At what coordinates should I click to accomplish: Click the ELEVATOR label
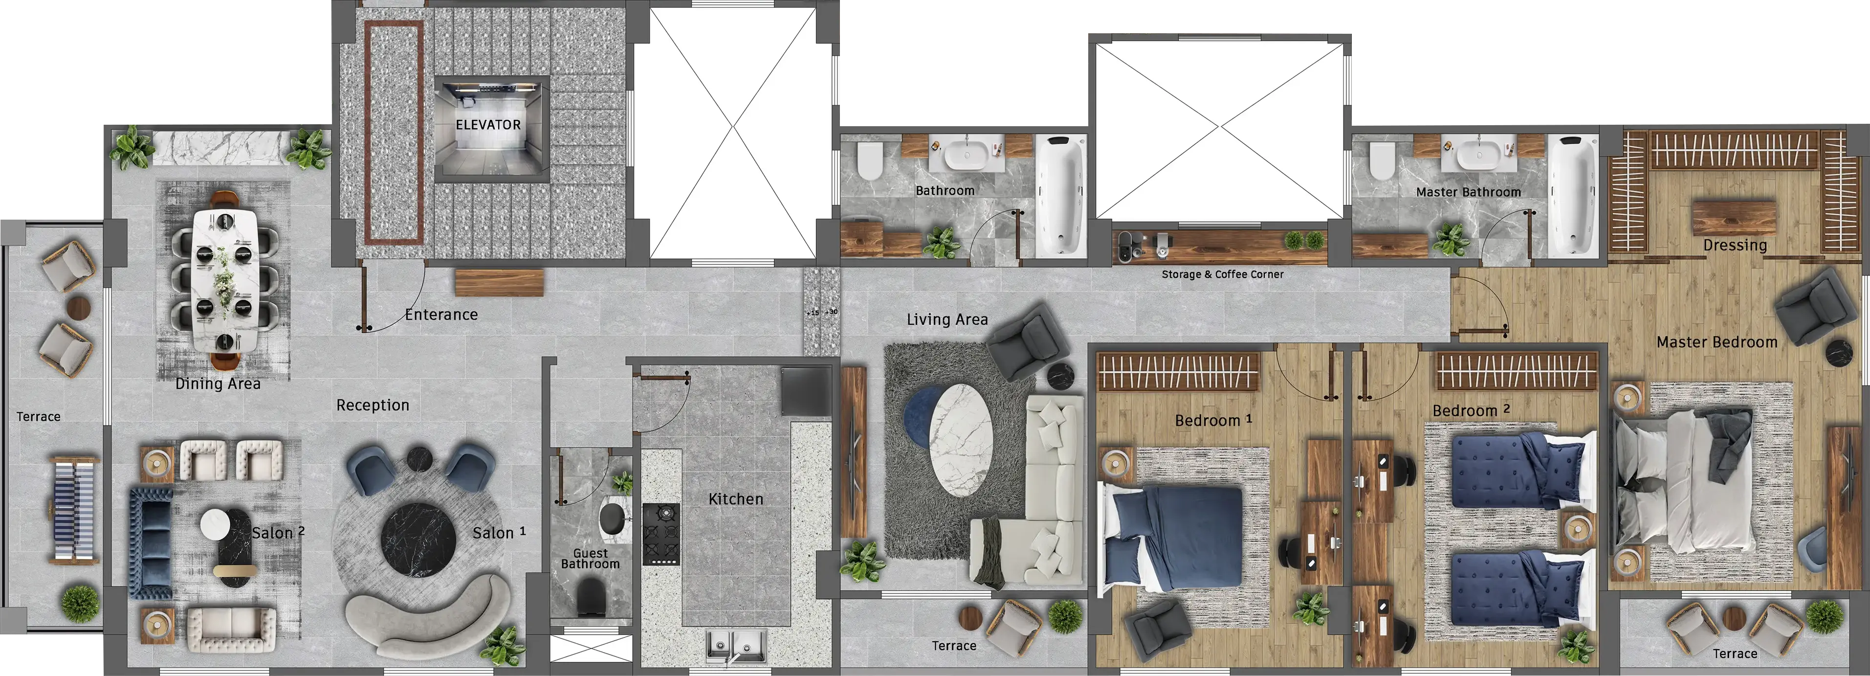[488, 125]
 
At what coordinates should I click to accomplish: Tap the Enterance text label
[441, 315]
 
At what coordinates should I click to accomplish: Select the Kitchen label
[736, 499]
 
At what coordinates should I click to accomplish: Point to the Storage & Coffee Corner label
[1223, 274]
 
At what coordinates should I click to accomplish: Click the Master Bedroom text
[1717, 342]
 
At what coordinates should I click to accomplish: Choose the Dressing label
[1735, 246]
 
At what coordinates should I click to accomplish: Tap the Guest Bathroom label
[590, 559]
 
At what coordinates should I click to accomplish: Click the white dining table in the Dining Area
[224, 280]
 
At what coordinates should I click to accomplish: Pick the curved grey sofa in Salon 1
[428, 617]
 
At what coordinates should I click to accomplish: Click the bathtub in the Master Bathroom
[1572, 195]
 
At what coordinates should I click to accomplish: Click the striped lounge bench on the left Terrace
[73, 510]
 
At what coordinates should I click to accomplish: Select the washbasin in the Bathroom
[966, 155]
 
